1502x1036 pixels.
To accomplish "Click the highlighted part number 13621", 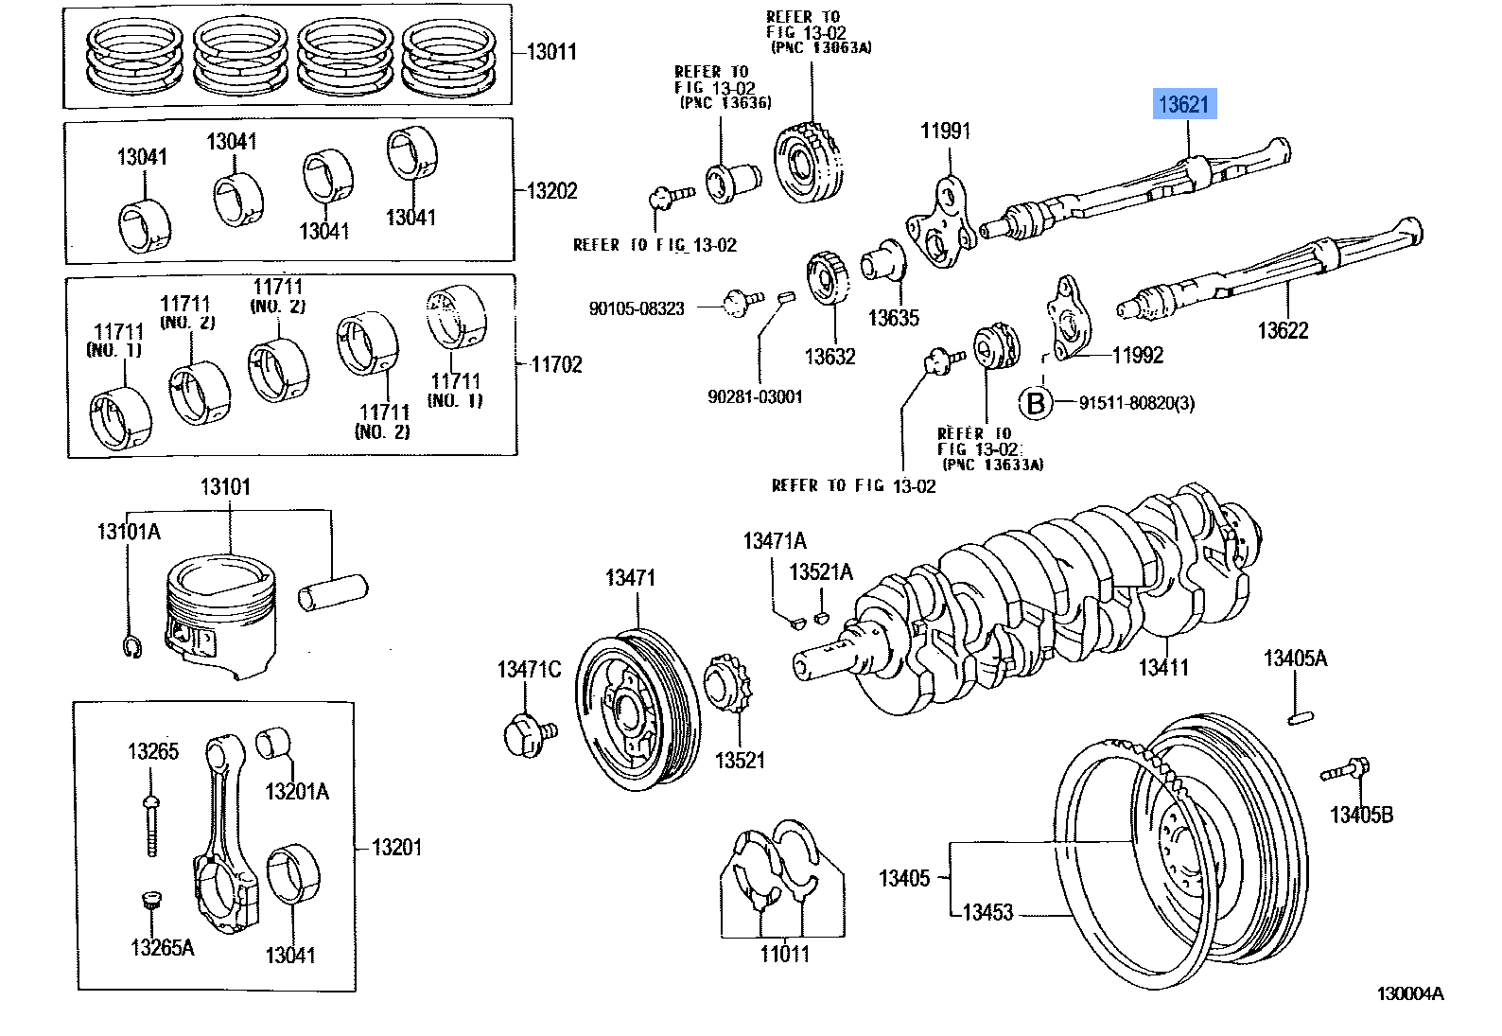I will [1183, 104].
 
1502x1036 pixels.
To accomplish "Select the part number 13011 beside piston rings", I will [551, 52].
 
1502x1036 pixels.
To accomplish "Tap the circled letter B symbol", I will [1036, 403].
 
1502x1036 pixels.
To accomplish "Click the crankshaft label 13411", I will [1162, 668].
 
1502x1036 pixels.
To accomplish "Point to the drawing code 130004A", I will [1409, 993].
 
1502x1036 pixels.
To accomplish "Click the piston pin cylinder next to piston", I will [332, 592].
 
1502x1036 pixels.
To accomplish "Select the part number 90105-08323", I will [636, 308].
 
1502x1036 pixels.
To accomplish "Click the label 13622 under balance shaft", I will [1282, 330].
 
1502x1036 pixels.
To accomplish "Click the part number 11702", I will [556, 364].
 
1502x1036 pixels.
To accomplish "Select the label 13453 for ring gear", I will [987, 913].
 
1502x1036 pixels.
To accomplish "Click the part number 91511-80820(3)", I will [1136, 403].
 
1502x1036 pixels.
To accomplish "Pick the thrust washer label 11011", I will [784, 954].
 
